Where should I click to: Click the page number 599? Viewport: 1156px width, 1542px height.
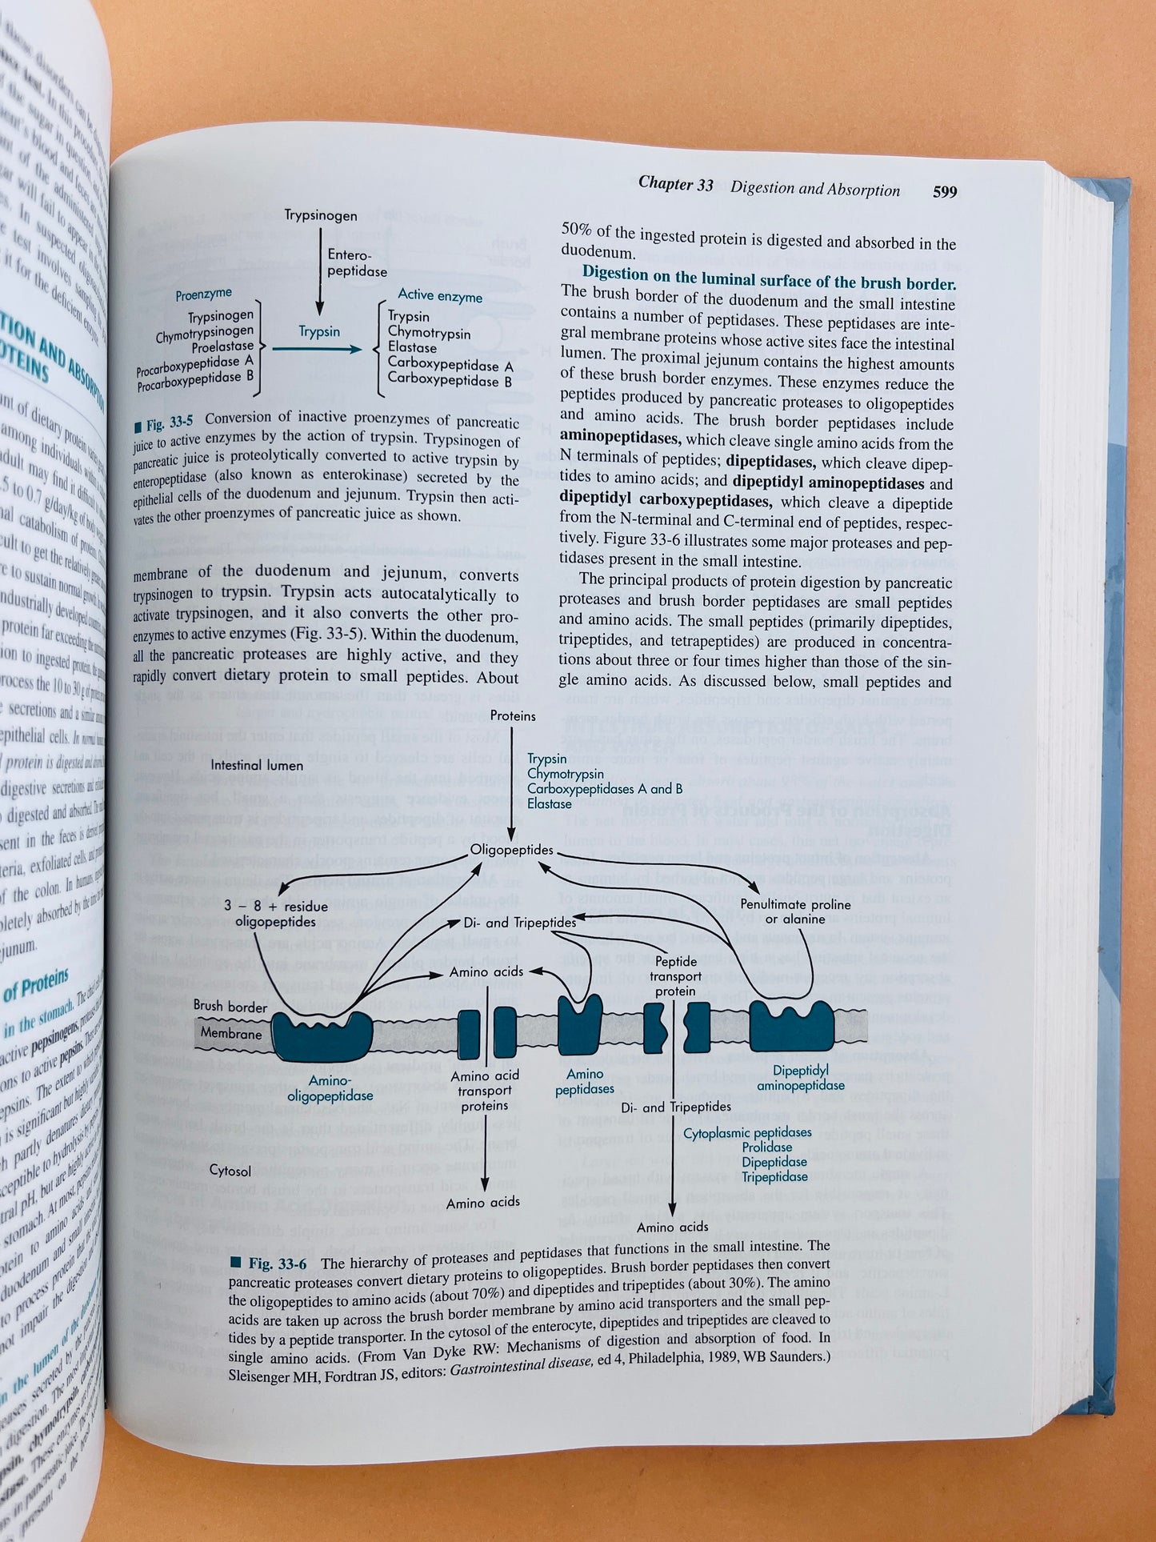(944, 192)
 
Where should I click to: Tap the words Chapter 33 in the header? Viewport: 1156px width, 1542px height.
(675, 184)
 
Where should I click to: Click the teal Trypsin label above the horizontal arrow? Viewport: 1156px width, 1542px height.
(319, 331)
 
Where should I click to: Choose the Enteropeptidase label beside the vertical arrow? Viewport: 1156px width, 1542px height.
(357, 262)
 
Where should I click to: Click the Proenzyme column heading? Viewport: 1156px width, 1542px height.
(203, 294)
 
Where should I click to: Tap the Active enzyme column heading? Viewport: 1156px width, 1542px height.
(440, 296)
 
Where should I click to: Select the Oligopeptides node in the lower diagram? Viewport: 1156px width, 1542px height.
(511, 850)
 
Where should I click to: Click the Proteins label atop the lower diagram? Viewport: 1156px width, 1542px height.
(513, 715)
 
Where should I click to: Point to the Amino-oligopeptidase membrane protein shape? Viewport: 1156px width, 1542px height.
(322, 1035)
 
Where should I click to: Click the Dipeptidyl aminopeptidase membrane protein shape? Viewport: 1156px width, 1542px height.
(790, 1026)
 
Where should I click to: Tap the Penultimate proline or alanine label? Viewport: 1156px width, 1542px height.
(794, 911)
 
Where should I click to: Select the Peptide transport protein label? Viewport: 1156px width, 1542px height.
(675, 975)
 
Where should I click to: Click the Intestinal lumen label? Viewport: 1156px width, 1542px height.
(258, 765)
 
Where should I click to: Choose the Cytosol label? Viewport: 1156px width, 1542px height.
(230, 1171)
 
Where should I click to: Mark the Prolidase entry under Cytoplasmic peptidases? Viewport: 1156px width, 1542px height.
(766, 1147)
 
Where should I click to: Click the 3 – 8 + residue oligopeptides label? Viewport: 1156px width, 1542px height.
(275, 913)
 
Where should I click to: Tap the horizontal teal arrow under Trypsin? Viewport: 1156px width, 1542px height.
(318, 349)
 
